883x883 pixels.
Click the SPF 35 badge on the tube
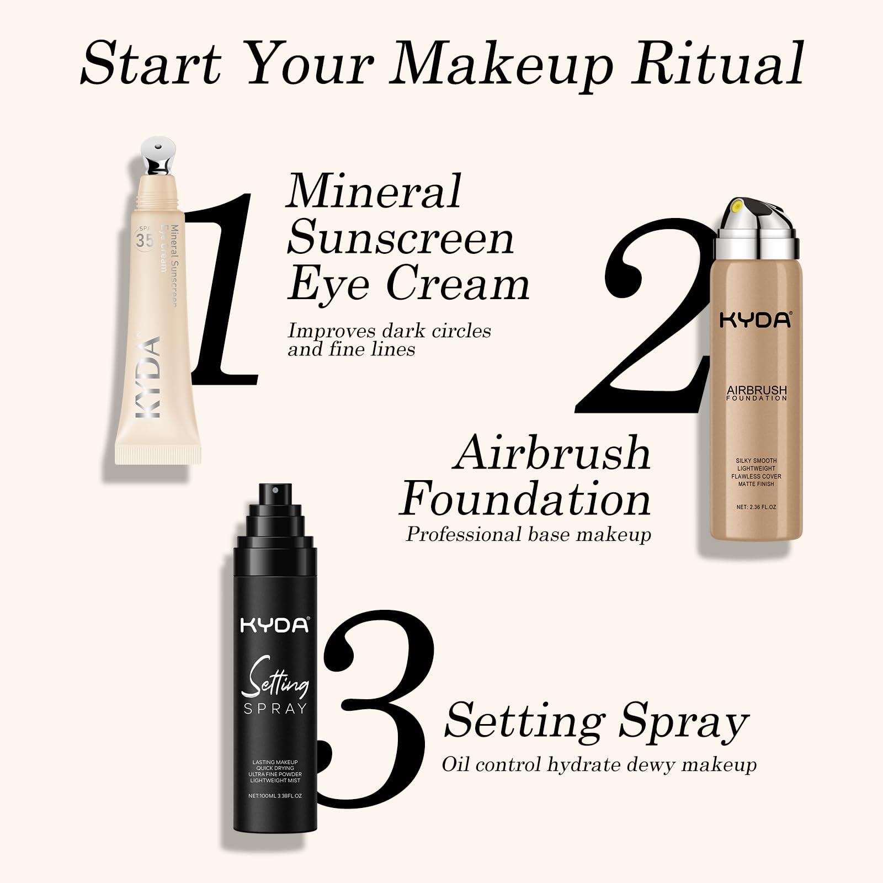(x=145, y=240)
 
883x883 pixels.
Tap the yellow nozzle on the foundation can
(x=736, y=208)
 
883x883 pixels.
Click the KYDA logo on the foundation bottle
(x=756, y=320)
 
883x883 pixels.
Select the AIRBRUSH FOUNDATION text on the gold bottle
(x=757, y=393)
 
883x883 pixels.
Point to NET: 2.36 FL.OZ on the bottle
(x=756, y=507)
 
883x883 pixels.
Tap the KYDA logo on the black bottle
(x=275, y=625)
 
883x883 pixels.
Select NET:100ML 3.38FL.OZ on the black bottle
(x=275, y=796)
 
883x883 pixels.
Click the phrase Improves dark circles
(x=389, y=331)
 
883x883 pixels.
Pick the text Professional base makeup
(x=528, y=534)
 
